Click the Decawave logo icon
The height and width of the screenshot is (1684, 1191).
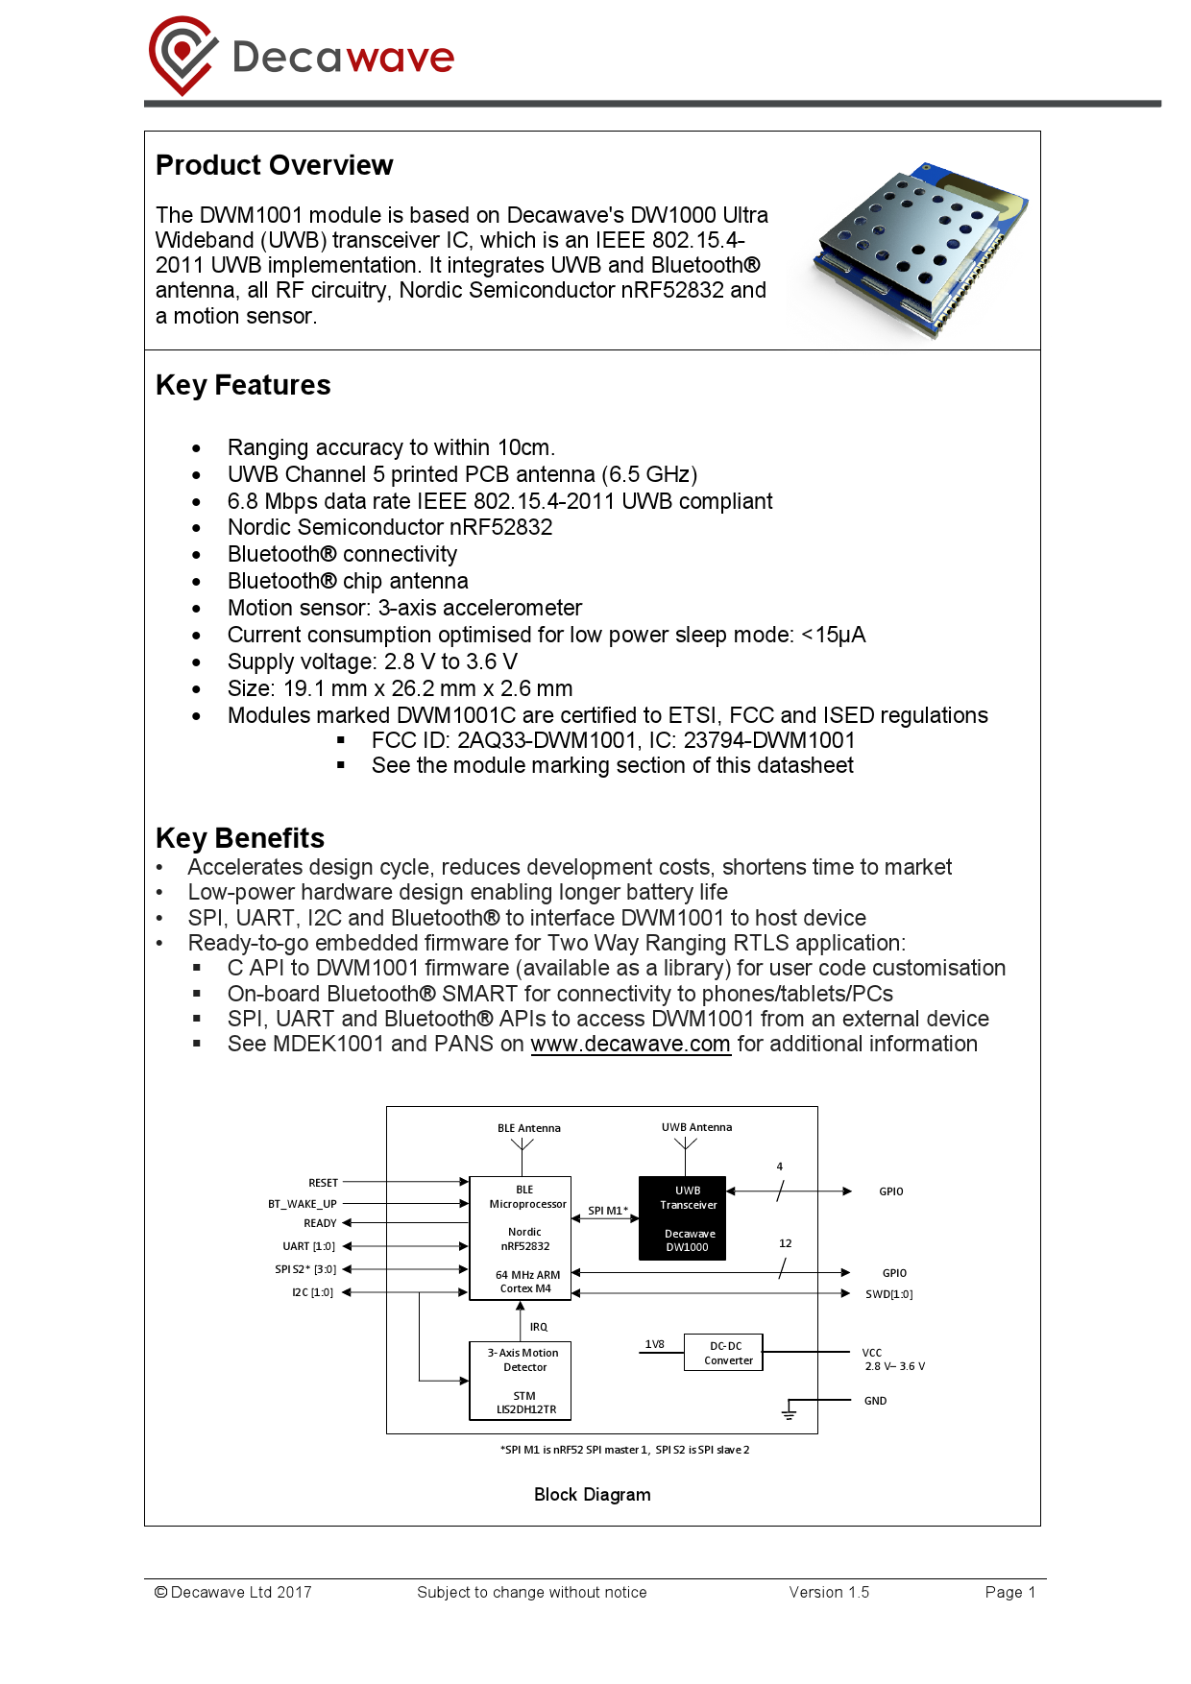pos(182,55)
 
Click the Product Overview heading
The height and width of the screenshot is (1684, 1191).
pos(274,165)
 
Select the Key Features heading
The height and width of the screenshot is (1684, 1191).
pos(243,385)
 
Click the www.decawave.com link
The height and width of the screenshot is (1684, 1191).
pos(630,1044)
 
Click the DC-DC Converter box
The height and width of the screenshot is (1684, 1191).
pos(723,1352)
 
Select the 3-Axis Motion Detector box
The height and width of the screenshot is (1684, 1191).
pos(520,1381)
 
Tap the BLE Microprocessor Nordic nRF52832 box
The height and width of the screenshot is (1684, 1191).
pos(520,1238)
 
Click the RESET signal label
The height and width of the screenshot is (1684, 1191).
pos(323,1183)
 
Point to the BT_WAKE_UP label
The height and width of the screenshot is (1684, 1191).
pos(302,1204)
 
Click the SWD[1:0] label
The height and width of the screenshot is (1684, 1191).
pos(888,1294)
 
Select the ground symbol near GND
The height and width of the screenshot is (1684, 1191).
pos(789,1412)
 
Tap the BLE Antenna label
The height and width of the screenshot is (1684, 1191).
pos(528,1128)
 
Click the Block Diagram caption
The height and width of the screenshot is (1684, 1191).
pos(592,1495)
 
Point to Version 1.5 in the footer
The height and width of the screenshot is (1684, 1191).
pos(829,1592)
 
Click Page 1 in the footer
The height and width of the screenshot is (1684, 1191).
pos(1009,1592)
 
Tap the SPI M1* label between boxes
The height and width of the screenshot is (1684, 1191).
pos(607,1211)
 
